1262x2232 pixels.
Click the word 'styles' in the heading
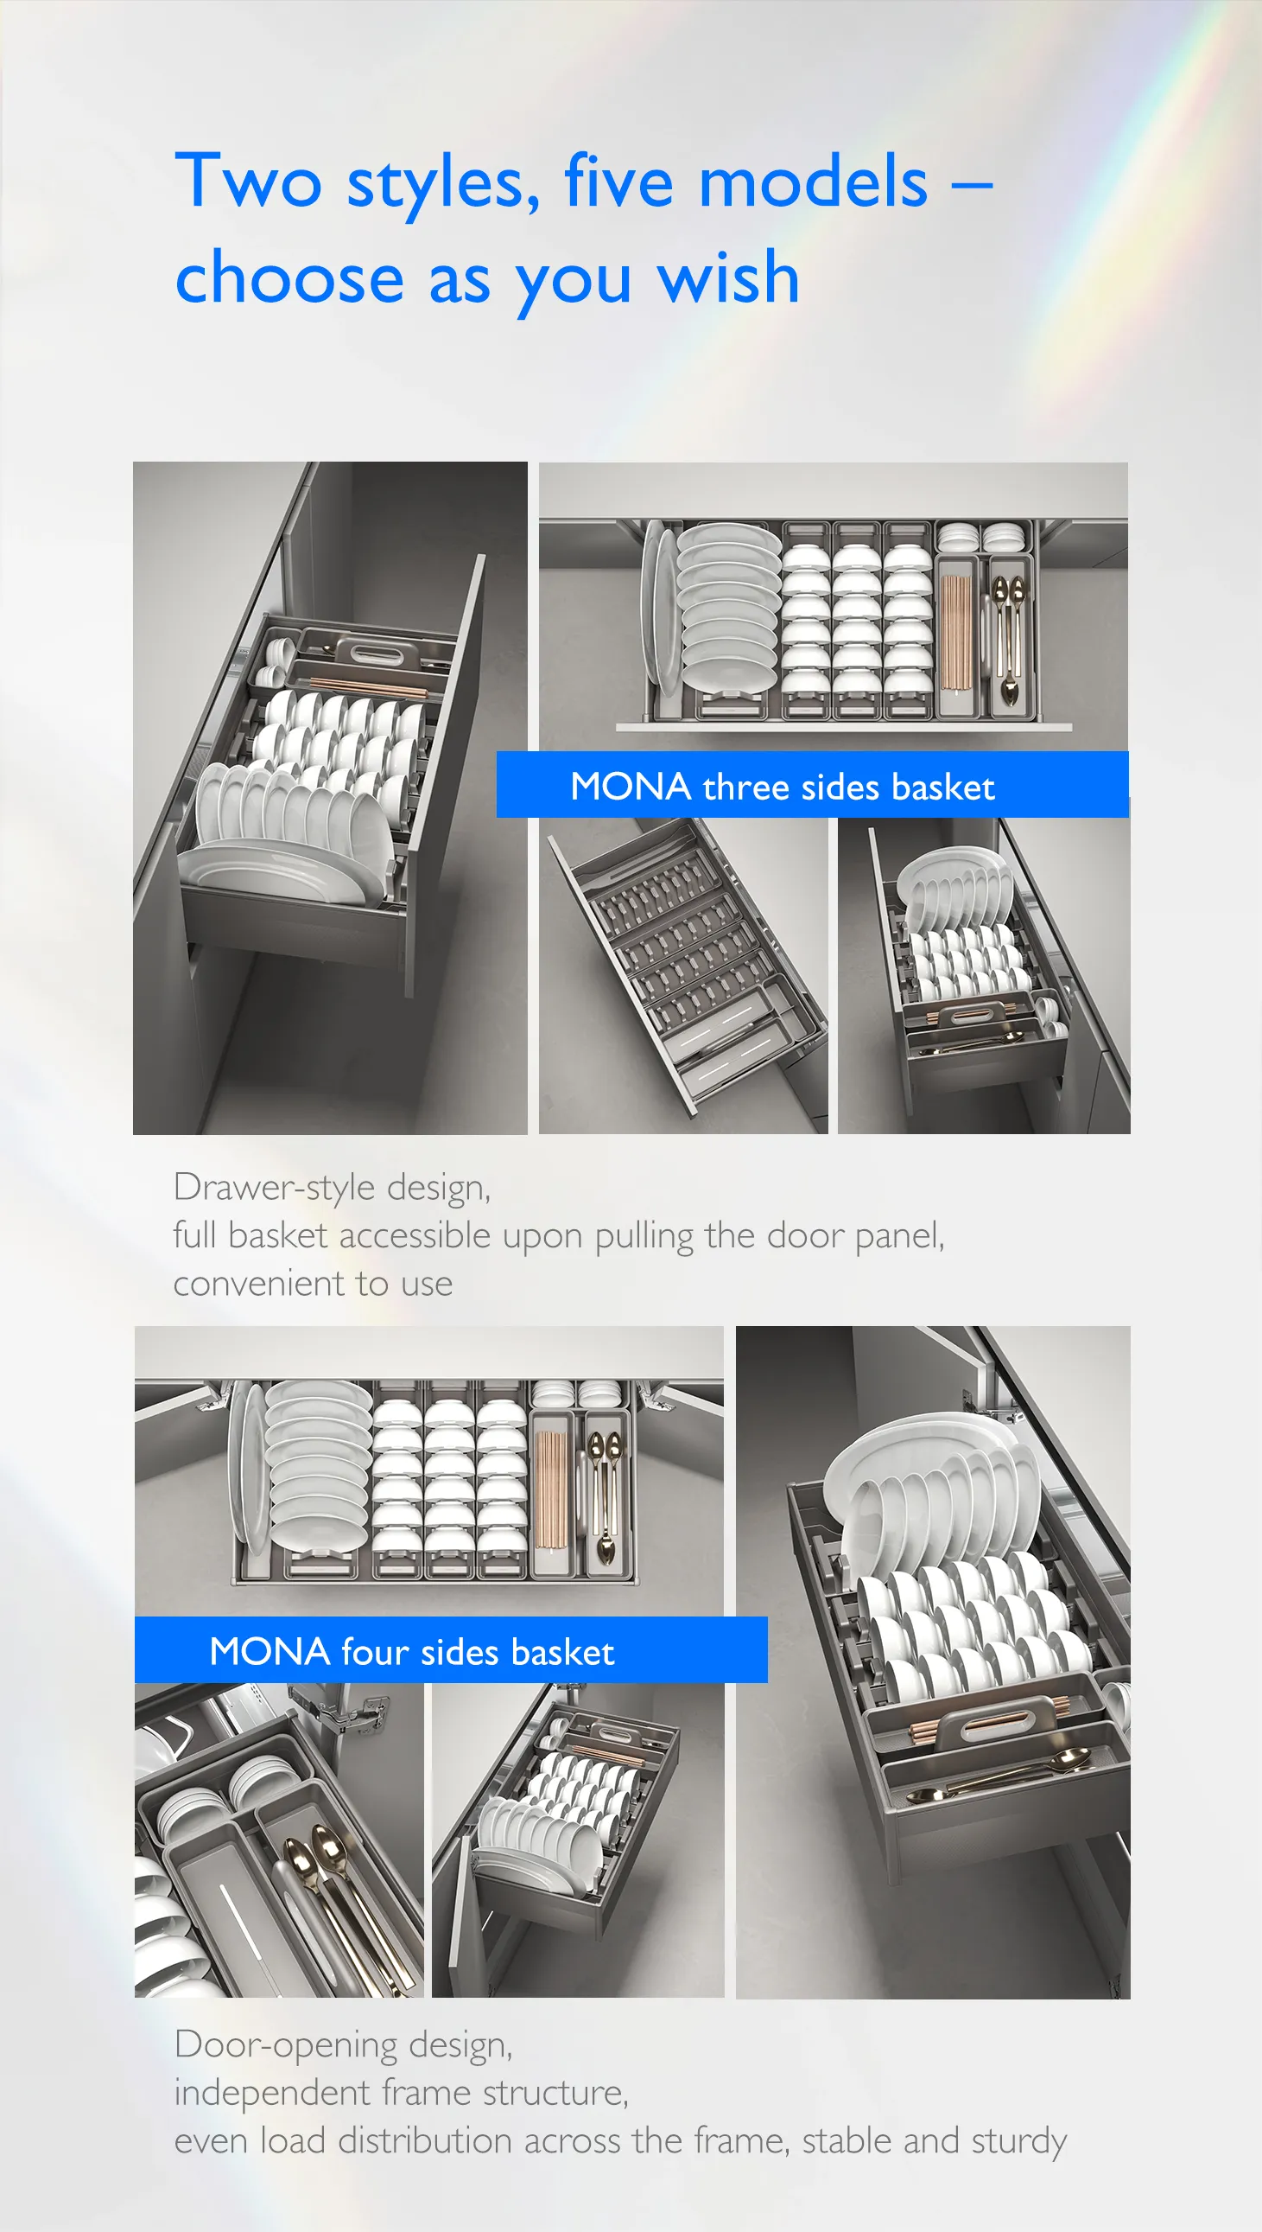(x=444, y=184)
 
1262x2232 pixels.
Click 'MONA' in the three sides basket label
(x=630, y=787)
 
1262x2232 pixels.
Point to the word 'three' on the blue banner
(x=746, y=787)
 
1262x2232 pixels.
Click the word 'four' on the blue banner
(x=374, y=1651)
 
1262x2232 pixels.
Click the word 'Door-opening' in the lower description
(x=286, y=2044)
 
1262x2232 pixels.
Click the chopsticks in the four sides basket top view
(x=549, y=1489)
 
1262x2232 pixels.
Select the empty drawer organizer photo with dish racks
(x=683, y=975)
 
